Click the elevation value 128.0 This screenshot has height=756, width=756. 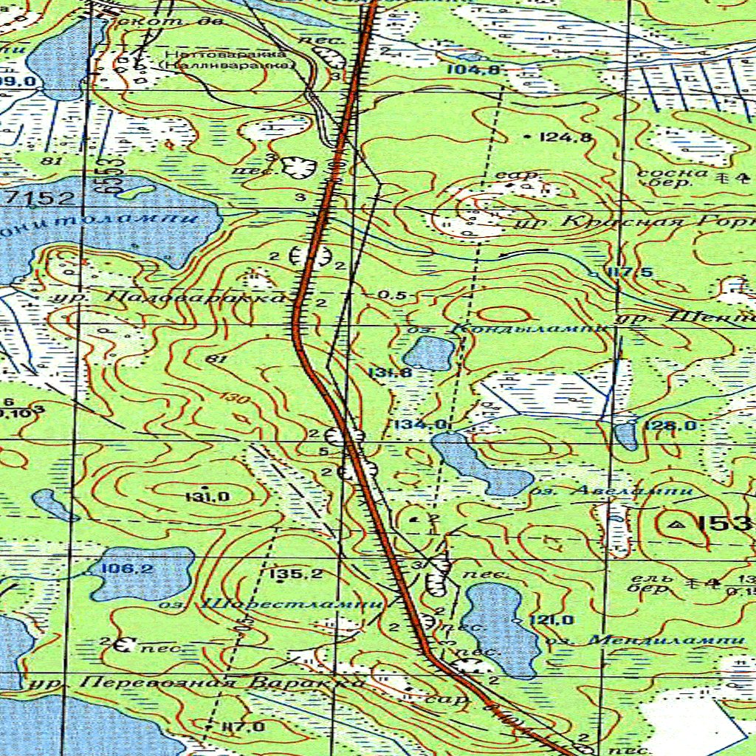pos(670,426)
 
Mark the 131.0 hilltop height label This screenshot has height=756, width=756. pos(207,497)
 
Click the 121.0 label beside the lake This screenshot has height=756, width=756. pos(551,620)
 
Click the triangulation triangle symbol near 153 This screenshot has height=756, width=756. pos(676,523)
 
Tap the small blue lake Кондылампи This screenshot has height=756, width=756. pos(429,353)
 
